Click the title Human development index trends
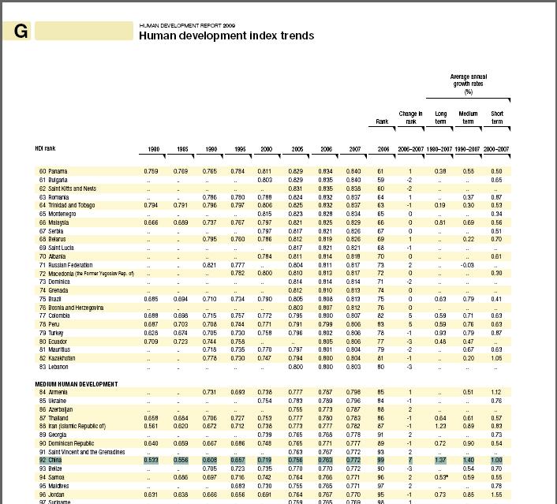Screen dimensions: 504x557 pyautogui.click(x=226, y=35)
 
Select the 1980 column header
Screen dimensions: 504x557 pyautogui.click(x=151, y=149)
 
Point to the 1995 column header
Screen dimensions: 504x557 pyautogui.click(x=237, y=149)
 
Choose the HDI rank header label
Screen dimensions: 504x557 pyautogui.click(x=45, y=148)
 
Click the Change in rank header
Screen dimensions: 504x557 pyautogui.click(x=410, y=118)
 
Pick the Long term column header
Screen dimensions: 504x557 pyautogui.click(x=441, y=118)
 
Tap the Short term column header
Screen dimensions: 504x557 pyautogui.click(x=497, y=118)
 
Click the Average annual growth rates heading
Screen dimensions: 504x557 pyautogui.click(x=469, y=84)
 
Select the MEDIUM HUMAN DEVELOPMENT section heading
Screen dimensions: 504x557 pyautogui.click(x=77, y=384)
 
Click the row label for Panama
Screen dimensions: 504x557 pyautogui.click(x=58, y=171)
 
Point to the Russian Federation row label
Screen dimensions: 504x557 pyautogui.click(x=70, y=265)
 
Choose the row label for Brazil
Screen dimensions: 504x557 pyautogui.click(x=55, y=299)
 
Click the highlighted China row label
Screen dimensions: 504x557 pyautogui.click(x=55, y=459)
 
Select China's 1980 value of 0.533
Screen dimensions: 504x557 pyautogui.click(x=151, y=459)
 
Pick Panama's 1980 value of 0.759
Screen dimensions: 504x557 pyautogui.click(x=151, y=171)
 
